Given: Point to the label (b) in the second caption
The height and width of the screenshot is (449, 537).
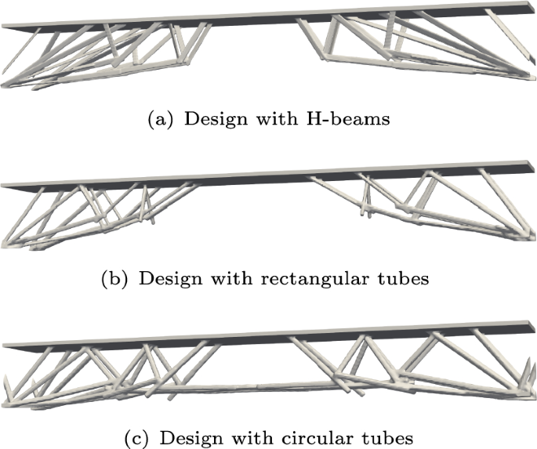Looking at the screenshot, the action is pos(116,279).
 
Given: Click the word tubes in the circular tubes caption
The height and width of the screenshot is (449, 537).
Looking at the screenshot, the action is pos(381,435).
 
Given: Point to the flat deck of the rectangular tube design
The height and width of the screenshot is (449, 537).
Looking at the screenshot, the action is pos(259,177).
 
